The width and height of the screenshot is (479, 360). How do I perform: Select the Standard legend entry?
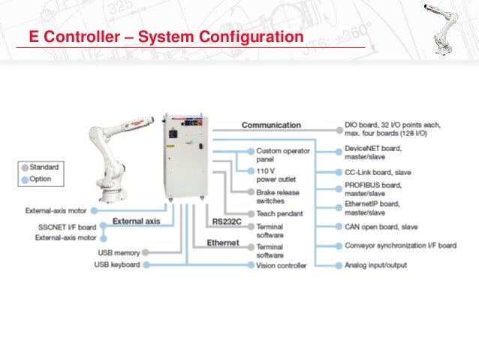coord(44,167)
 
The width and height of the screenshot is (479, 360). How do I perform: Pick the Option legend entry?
coord(41,180)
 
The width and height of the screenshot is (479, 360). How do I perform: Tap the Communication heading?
coord(271,125)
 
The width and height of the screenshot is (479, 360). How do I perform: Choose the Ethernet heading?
coord(223,243)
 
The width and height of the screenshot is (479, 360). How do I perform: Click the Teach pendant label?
coord(279,213)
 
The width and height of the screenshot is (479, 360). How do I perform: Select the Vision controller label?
coord(282,265)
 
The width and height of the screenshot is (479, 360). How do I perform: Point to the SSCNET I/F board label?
coord(67,226)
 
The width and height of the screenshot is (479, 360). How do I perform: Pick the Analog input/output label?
coord(377,265)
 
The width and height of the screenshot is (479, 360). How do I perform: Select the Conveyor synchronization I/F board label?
coord(399,246)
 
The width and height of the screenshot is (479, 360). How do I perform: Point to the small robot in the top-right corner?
coord(445,27)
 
